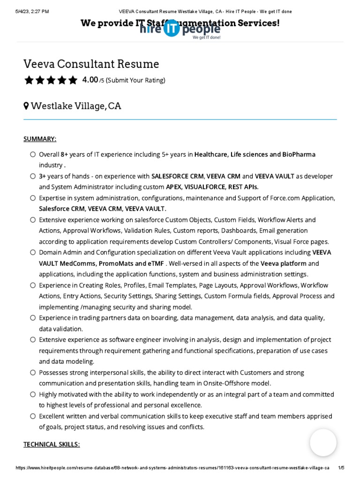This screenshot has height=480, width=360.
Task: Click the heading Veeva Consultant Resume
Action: (91, 64)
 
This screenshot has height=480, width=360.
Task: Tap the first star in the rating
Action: (29, 80)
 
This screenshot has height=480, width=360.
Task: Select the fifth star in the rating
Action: (73, 80)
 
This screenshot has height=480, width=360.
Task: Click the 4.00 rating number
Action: (90, 80)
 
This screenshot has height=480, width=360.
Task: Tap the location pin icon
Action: (26, 106)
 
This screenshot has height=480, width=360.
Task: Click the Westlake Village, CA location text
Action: (76, 106)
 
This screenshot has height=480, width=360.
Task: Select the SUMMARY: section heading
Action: (40, 139)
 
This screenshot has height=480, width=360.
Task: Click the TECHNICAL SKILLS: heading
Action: (52, 444)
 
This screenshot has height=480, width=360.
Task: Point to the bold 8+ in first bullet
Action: (65, 154)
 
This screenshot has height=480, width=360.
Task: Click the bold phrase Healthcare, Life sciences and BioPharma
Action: (255, 154)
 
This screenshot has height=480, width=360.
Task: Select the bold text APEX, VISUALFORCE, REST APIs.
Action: (212, 187)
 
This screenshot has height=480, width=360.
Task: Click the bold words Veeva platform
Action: (283, 263)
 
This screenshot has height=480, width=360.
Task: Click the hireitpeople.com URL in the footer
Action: (172, 468)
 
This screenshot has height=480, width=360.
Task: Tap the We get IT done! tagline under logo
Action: (206, 37)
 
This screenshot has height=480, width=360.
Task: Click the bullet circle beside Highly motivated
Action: (32, 394)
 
